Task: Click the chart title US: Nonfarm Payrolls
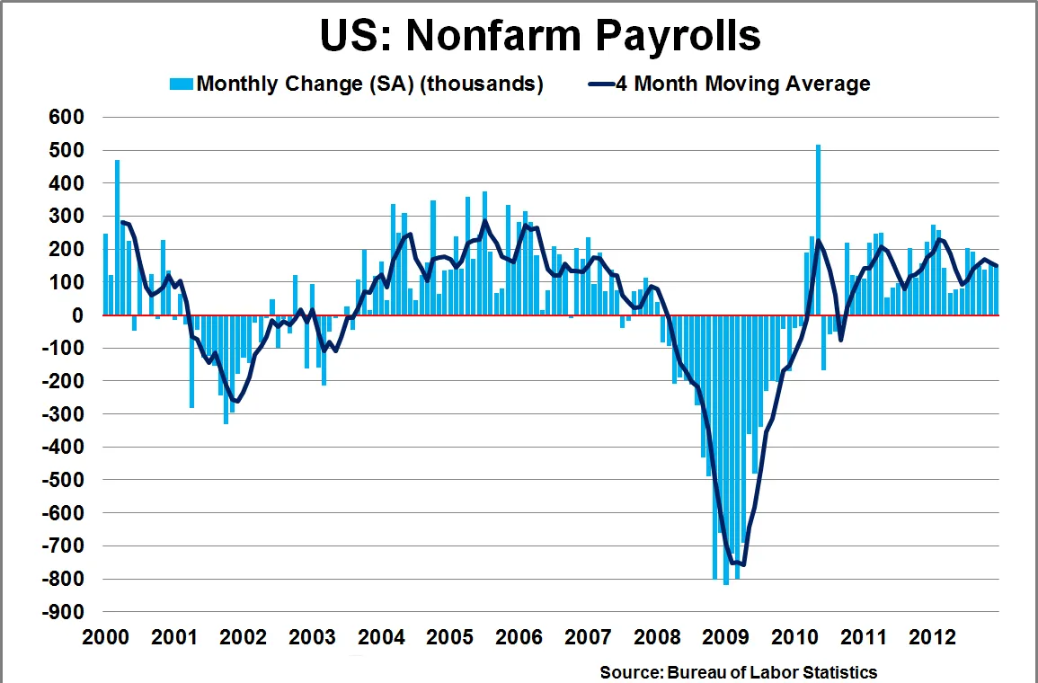pos(540,36)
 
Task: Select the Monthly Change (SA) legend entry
pos(369,84)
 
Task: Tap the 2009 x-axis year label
pos(727,638)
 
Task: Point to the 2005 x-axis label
pos(451,638)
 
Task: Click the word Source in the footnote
pos(629,671)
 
